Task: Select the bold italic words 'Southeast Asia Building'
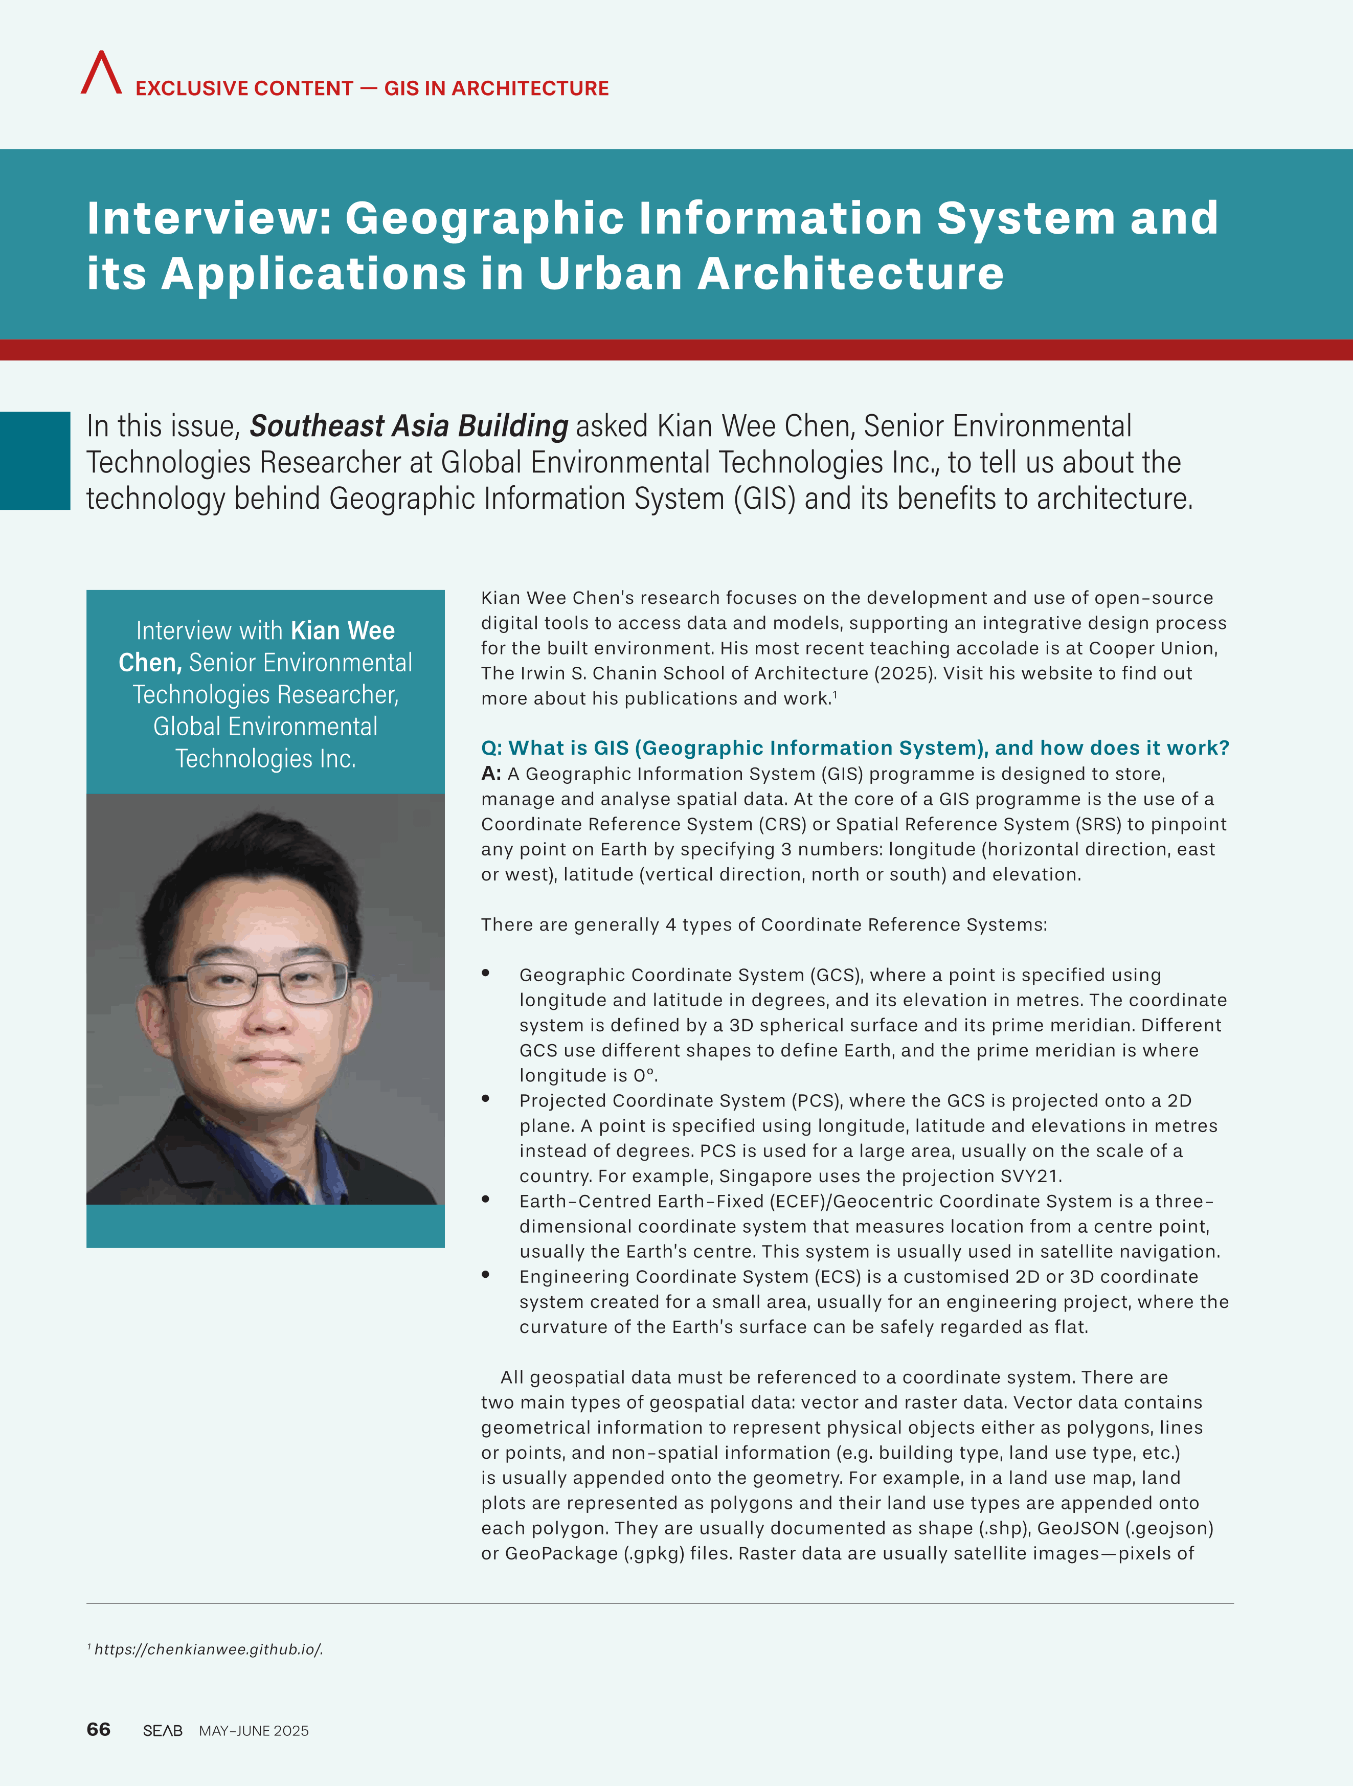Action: click(409, 425)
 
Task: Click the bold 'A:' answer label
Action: click(491, 774)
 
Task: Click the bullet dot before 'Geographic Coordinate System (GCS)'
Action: click(486, 974)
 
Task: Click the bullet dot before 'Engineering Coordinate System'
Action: click(486, 1275)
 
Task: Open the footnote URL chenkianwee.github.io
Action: click(208, 1649)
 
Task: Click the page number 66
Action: click(99, 1729)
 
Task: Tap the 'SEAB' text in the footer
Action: click(162, 1730)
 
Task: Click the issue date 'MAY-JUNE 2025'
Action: click(254, 1730)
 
